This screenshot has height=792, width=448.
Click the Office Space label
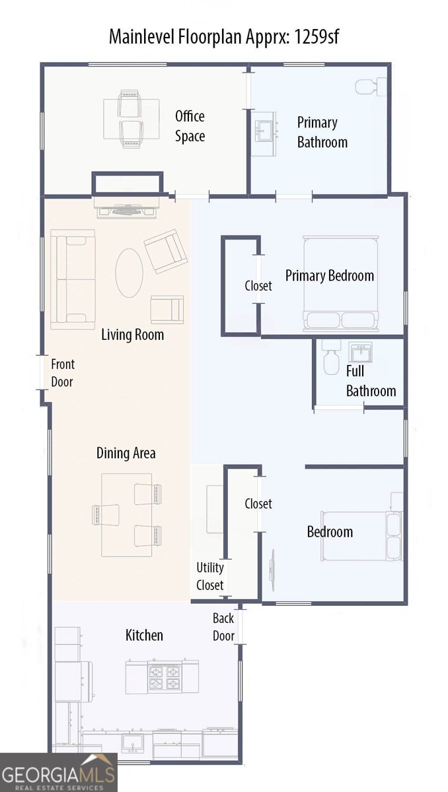point(190,126)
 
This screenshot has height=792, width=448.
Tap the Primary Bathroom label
point(322,132)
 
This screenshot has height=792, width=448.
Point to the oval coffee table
point(130,272)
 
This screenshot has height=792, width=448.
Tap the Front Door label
point(63,373)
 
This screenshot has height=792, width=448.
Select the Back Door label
point(223,627)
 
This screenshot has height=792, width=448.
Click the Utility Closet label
point(210,576)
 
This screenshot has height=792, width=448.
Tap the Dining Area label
point(126,453)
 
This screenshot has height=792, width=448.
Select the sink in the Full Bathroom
point(361,352)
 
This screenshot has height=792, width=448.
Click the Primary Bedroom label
point(329,275)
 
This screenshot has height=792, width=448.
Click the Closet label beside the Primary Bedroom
point(258,286)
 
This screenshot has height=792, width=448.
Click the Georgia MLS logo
point(58,772)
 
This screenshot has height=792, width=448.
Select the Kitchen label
point(144,635)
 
